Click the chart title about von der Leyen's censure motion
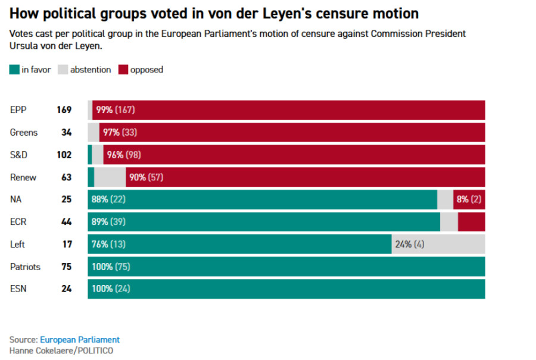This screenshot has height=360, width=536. pyautogui.click(x=214, y=13)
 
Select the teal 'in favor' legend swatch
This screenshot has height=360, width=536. pyautogui.click(x=14, y=70)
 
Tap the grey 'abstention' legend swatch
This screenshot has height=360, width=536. pyautogui.click(x=63, y=70)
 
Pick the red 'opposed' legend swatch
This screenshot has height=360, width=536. pyautogui.click(x=123, y=70)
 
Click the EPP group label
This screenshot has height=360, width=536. pyautogui.click(x=18, y=110)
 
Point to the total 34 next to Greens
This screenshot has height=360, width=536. pyautogui.click(x=66, y=133)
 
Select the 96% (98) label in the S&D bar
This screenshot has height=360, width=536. pyautogui.click(x=124, y=155)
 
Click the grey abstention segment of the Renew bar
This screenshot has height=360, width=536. pyautogui.click(x=110, y=177)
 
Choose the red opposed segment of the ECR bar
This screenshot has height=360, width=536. pyautogui.click(x=471, y=222)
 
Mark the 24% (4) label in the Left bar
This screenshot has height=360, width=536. pyautogui.click(x=410, y=244)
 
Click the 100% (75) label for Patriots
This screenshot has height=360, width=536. pyautogui.click(x=111, y=267)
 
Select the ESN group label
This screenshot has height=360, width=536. pyautogui.click(x=18, y=289)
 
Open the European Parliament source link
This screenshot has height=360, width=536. pyautogui.click(x=80, y=340)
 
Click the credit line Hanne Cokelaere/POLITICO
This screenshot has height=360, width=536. pyautogui.click(x=61, y=350)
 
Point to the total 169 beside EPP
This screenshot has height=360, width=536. pyautogui.click(x=64, y=110)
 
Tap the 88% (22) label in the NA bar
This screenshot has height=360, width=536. pyautogui.click(x=108, y=199)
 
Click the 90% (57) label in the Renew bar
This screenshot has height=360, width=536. pyautogui.click(x=146, y=177)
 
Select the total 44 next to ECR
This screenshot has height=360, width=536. pyautogui.click(x=66, y=222)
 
